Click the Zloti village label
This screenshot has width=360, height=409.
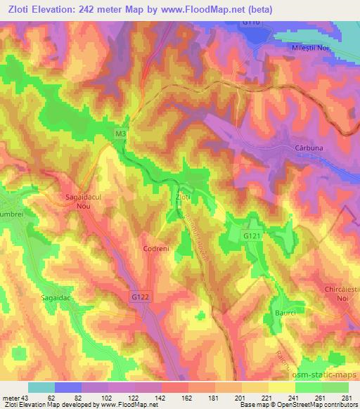click(x=183, y=199)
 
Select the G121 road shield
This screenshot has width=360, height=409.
click(x=252, y=235)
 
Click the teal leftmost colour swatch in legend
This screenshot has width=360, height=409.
click(x=41, y=387)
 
